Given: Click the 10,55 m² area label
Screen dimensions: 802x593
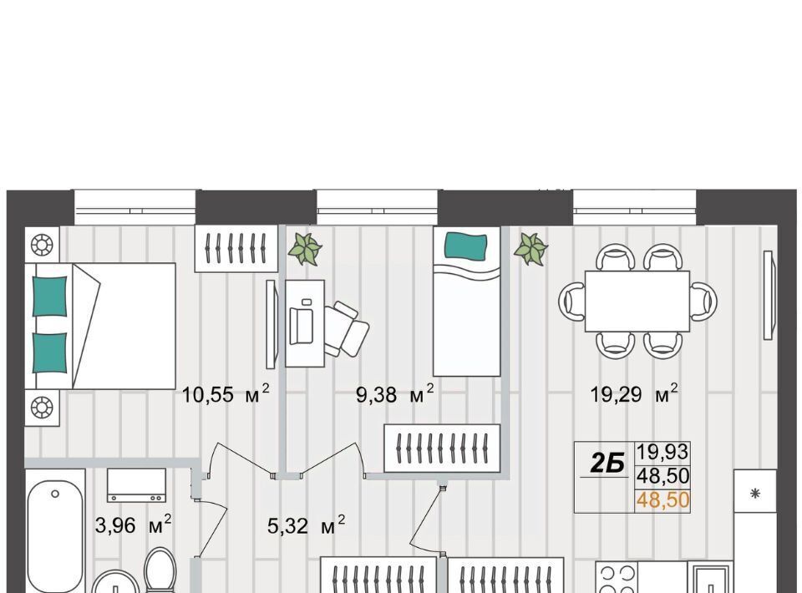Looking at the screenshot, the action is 226,393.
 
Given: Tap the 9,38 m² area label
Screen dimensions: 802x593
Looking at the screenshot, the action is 395,393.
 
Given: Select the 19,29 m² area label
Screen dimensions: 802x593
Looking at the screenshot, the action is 634,393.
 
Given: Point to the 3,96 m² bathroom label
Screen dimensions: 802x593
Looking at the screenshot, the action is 134,525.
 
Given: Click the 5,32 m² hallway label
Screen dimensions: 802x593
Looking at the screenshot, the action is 307,525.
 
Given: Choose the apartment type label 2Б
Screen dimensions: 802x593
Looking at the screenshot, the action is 607,464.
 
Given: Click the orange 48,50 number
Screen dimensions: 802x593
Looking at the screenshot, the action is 662,499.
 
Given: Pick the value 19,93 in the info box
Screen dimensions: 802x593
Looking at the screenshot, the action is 662,452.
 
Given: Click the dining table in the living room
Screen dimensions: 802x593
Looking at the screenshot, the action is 637,302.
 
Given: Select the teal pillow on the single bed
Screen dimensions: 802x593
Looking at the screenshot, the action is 465,246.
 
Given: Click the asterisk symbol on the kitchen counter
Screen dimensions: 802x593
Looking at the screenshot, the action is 755,494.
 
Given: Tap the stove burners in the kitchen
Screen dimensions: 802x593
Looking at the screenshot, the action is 617,578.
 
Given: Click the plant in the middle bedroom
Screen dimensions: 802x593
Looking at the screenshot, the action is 305,249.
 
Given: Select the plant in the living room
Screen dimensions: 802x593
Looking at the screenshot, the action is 531,249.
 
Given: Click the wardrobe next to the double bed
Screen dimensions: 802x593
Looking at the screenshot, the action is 236,248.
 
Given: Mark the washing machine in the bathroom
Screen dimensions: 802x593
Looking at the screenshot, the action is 136,485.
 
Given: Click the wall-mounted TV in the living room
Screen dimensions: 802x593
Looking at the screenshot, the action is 769,295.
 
